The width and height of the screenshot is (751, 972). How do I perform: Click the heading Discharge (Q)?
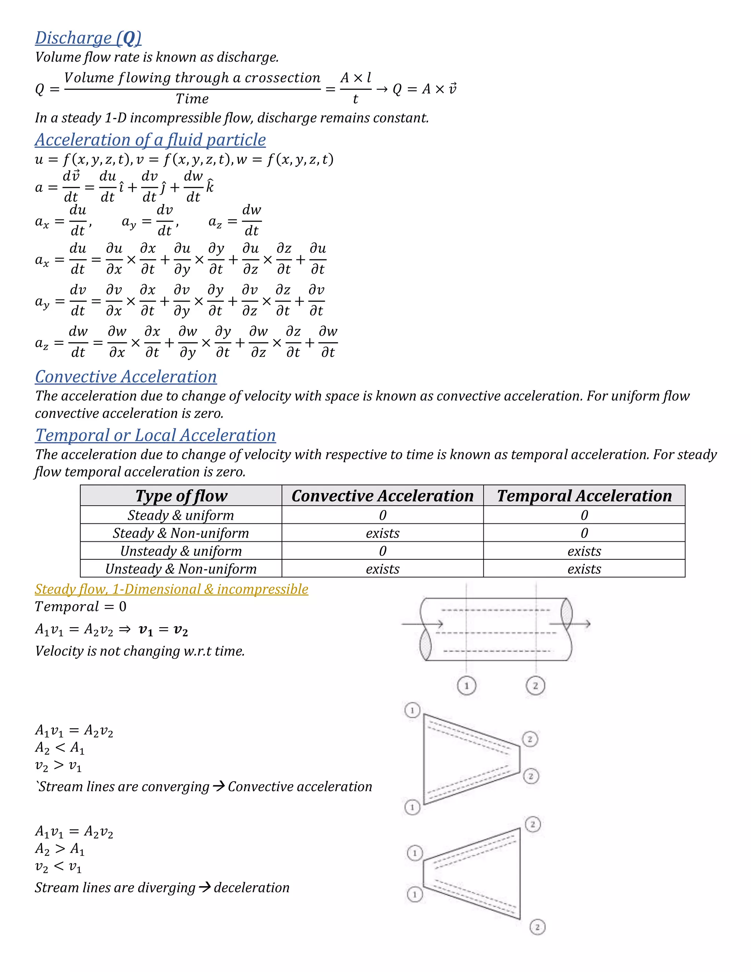pos(88,38)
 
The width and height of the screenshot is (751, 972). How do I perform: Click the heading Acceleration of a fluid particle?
pos(150,140)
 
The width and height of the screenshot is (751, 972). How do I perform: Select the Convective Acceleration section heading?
pos(126,377)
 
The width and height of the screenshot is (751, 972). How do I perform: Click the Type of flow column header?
pos(181,496)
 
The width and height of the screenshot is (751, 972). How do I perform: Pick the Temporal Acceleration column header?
pos(584,496)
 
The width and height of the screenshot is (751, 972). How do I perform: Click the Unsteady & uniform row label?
pos(181,551)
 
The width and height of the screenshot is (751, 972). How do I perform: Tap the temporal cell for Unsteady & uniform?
pos(584,551)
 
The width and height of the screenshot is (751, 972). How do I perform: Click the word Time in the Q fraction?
pos(192,99)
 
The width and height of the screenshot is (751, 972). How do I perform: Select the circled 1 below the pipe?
pos(466,686)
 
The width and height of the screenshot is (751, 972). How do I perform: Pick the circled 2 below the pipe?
pos(536,686)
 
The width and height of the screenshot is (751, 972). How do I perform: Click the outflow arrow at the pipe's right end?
pos(578,624)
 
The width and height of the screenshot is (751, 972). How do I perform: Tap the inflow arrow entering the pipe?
pos(423,624)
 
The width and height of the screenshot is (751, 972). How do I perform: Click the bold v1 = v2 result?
pos(163,630)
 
